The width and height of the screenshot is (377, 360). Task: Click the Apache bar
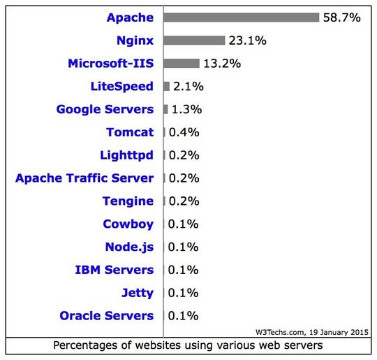click(241, 17)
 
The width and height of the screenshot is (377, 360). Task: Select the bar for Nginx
click(194, 41)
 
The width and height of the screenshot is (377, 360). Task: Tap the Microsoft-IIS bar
click(182, 64)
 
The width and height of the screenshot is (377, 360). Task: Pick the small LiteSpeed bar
click(167, 87)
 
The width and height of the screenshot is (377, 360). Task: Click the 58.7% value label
click(341, 17)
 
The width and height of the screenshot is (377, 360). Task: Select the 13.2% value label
click(222, 64)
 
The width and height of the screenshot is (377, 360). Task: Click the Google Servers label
click(105, 110)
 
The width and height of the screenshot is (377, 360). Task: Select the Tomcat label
click(130, 132)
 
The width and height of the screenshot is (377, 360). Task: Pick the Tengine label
click(128, 201)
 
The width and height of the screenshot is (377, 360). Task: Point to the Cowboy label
click(128, 224)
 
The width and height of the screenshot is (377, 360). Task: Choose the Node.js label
click(129, 247)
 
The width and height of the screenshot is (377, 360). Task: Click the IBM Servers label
click(114, 270)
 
